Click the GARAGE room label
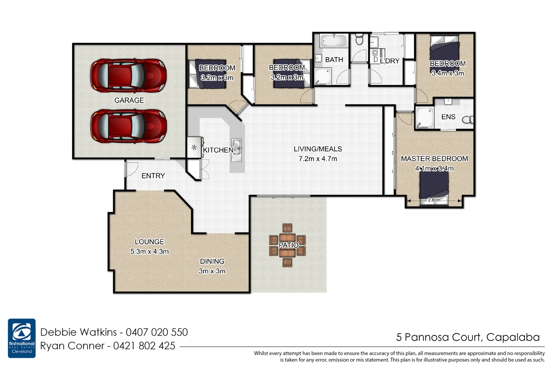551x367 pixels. click(129, 100)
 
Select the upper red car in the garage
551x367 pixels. click(128, 76)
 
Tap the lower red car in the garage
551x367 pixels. click(128, 126)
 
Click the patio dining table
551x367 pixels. click(288, 245)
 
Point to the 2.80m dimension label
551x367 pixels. click(434, 200)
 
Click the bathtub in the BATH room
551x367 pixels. click(333, 41)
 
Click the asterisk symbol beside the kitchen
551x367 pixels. click(194, 148)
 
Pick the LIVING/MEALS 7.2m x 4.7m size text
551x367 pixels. click(318, 159)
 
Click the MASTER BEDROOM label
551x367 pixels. click(434, 159)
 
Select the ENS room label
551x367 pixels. click(448, 117)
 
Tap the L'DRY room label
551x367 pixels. click(390, 61)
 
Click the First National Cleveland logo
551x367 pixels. click(22, 338)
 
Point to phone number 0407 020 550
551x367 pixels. click(157, 332)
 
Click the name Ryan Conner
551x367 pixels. click(72, 346)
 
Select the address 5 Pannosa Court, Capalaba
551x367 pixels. click(468, 337)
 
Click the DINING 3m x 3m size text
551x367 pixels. click(212, 271)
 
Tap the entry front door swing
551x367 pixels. click(130, 169)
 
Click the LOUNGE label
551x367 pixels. click(149, 242)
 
